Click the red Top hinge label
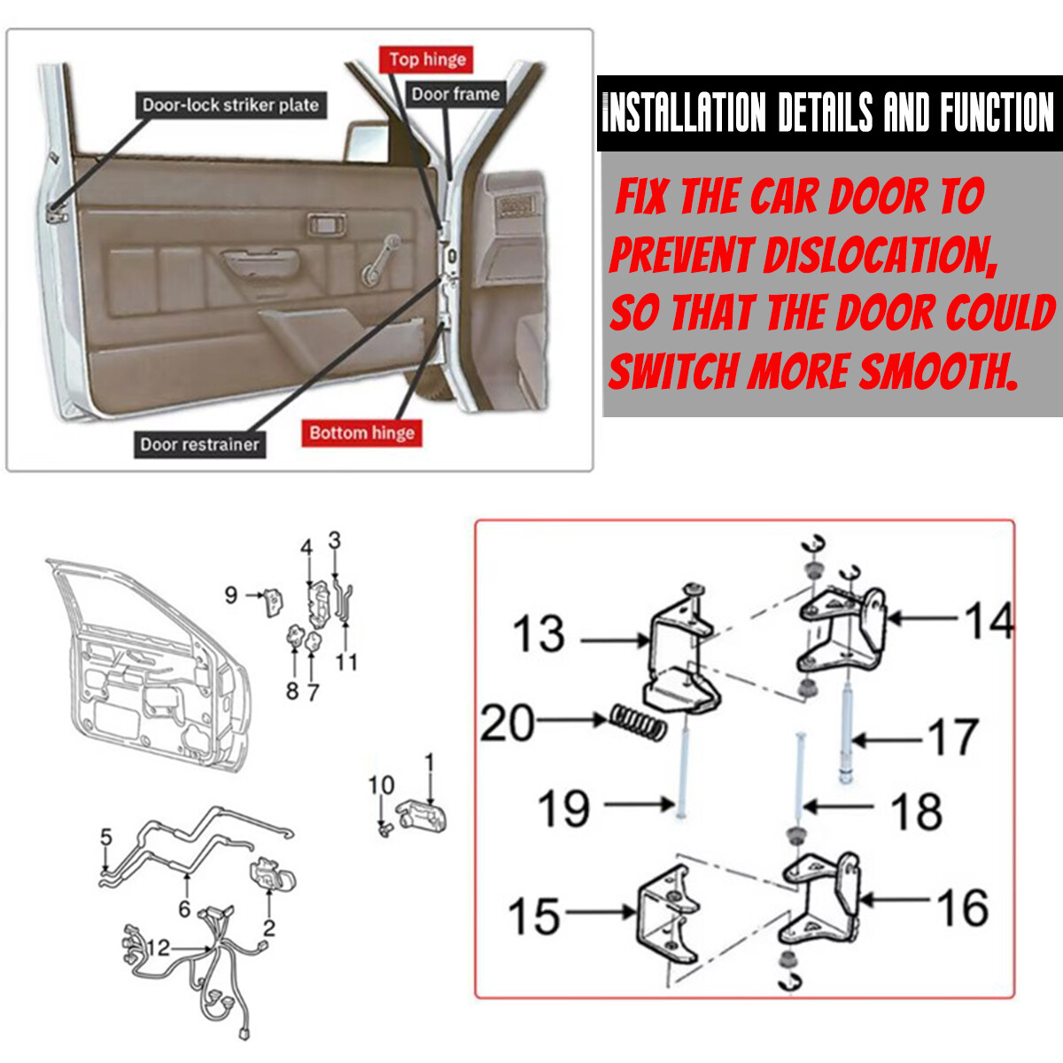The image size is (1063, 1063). (427, 60)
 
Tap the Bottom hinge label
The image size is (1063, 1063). (361, 433)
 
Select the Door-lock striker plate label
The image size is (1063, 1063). (230, 105)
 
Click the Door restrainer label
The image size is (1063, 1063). (199, 444)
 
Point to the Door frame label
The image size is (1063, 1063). (455, 94)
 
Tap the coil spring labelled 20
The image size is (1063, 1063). (638, 722)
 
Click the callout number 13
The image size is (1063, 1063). (539, 634)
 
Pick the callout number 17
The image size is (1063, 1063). (952, 737)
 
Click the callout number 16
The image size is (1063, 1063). (962, 907)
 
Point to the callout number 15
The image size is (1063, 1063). (534, 916)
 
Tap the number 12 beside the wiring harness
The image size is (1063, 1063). (158, 948)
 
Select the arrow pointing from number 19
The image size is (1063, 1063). (638, 804)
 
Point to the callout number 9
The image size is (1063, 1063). (231, 594)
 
